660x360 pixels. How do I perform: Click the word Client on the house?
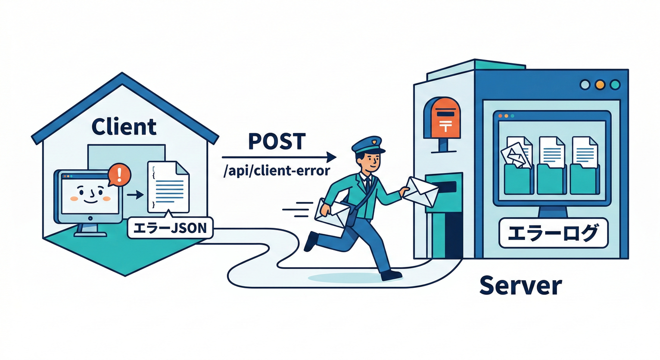click(124, 127)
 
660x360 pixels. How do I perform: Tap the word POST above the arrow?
click(277, 142)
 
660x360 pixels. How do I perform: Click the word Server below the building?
click(520, 285)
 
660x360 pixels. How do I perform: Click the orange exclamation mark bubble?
click(119, 175)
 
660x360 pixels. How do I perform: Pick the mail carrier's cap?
click(368, 144)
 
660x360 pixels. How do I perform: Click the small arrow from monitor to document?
click(135, 194)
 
